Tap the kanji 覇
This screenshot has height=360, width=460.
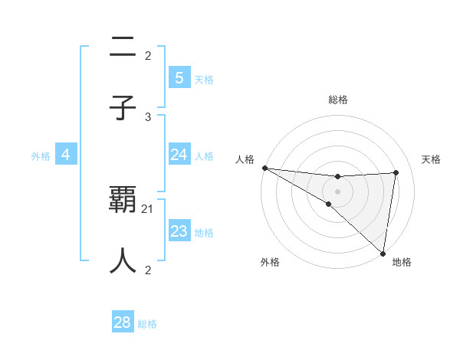click(x=123, y=201)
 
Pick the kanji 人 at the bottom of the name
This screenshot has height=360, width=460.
click(x=123, y=260)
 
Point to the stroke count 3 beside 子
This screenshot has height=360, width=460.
click(x=148, y=116)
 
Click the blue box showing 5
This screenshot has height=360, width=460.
click(x=179, y=78)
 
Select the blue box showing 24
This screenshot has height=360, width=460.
click(x=179, y=155)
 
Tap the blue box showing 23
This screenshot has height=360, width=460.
click(x=179, y=231)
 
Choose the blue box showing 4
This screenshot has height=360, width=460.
click(x=66, y=155)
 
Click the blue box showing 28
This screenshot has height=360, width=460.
click(x=123, y=322)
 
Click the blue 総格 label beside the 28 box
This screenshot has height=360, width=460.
click(x=147, y=324)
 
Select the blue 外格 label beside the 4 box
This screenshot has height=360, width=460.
click(x=41, y=156)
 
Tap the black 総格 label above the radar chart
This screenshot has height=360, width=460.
click(x=337, y=100)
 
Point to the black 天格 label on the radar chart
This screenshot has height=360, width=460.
click(x=431, y=159)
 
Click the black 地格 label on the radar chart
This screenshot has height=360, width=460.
click(x=402, y=262)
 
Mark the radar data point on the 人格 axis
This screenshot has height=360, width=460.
click(x=264, y=168)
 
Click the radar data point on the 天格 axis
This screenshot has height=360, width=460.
click(x=396, y=172)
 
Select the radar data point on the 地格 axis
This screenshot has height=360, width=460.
click(x=383, y=253)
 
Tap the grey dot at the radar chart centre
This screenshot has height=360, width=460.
click(x=337, y=191)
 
